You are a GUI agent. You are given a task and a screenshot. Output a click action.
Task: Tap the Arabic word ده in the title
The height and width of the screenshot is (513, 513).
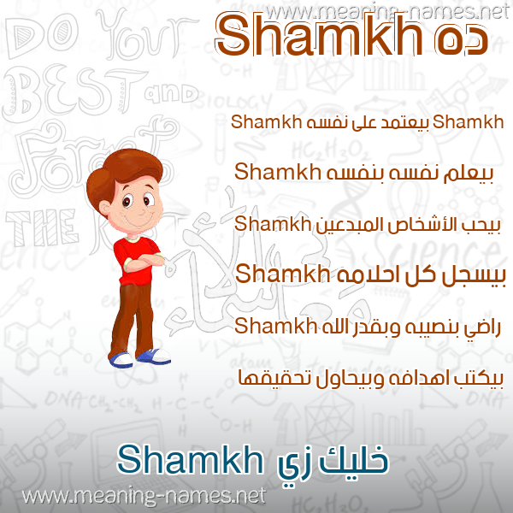(x=462, y=42)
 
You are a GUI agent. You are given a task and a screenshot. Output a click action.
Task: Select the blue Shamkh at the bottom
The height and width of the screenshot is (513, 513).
(x=190, y=459)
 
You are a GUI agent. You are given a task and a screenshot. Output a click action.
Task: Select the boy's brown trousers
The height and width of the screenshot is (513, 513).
(x=132, y=320)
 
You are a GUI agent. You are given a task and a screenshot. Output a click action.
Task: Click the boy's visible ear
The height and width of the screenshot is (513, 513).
(x=104, y=207)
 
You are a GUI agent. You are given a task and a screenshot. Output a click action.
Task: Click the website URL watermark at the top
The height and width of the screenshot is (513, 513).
(x=387, y=12)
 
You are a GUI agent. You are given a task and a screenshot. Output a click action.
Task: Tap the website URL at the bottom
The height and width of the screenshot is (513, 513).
(x=144, y=496)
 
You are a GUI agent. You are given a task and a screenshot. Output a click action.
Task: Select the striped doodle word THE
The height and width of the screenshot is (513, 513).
(x=42, y=228)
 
